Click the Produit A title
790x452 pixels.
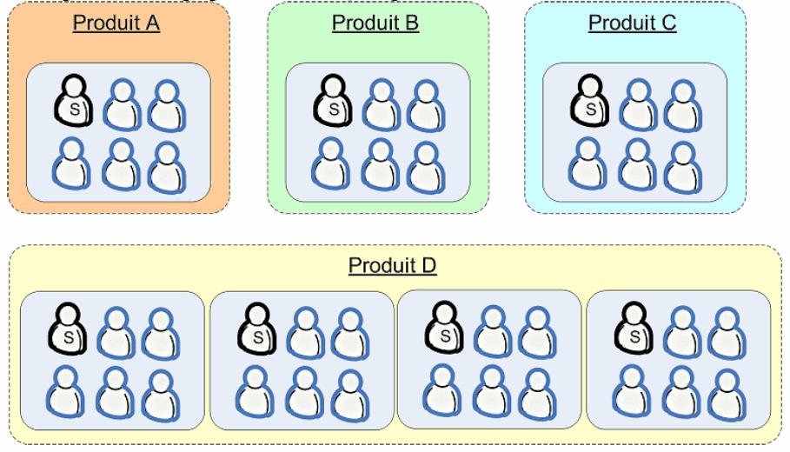coord(116,23)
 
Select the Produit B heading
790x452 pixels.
coord(375,23)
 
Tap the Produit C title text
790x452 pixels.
coord(632,23)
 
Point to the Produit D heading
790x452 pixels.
coord(392,265)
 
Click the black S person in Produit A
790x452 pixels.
coord(73,101)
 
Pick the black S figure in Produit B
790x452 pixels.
coord(332,101)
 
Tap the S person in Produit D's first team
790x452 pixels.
coord(67,329)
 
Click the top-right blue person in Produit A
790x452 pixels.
coord(166,105)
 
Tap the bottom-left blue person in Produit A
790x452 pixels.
coord(71,164)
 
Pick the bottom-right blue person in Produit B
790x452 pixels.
coord(426,166)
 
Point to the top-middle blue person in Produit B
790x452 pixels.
coord(381,105)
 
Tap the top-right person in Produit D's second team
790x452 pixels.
coord(349,332)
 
